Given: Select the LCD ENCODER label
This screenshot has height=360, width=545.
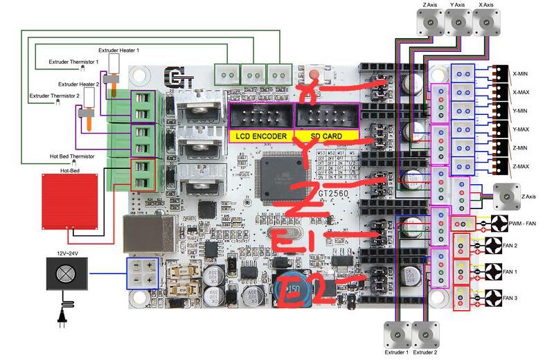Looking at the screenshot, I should (261, 136).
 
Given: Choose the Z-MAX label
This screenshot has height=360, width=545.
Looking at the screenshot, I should (522, 167).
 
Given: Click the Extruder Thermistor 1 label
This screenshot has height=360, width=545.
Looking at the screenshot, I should (73, 62).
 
